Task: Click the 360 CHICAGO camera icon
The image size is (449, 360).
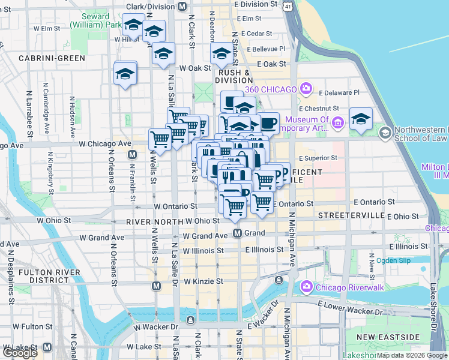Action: pos(306,89)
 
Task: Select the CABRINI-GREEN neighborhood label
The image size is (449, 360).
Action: pos(52,58)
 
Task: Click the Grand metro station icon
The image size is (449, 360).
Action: pos(238,233)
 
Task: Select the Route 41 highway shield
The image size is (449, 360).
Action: pos(289,5)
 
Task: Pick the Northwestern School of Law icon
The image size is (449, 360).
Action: pos(385,131)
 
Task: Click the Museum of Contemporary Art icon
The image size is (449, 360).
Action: pos(337,124)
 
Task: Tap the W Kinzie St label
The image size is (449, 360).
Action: pos(203,281)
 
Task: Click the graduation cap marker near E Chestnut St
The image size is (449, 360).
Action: pos(361,118)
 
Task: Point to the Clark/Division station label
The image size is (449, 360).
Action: pos(149,7)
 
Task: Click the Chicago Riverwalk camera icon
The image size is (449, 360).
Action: pos(306,286)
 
